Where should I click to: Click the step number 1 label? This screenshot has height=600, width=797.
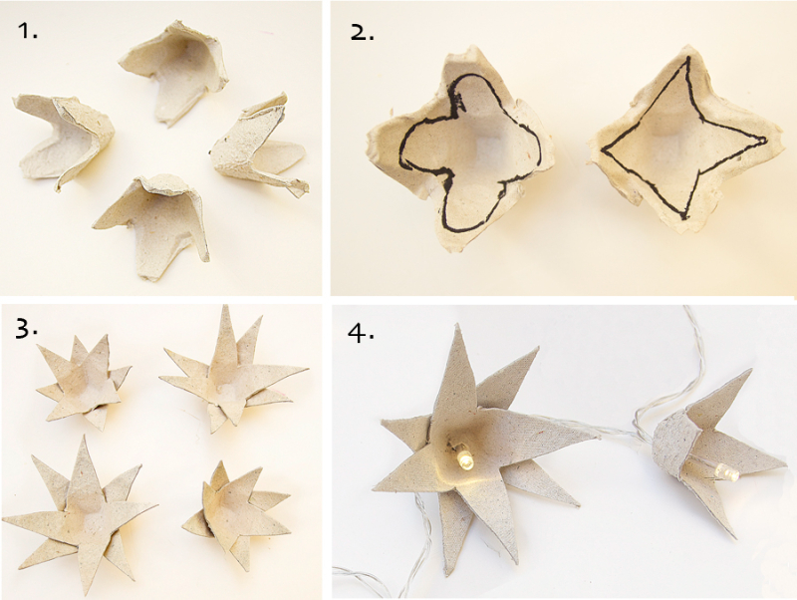click(28, 32)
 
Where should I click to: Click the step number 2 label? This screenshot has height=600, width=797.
click(363, 33)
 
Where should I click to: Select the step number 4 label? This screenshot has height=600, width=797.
click(361, 333)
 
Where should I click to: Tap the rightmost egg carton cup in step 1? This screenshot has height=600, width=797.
click(259, 148)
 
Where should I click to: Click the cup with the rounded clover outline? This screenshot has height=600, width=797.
click(460, 150)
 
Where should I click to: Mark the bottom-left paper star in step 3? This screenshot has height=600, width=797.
click(82, 513)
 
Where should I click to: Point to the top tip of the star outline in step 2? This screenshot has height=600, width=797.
click(687, 57)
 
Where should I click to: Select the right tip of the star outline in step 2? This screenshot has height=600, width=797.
click(766, 139)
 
